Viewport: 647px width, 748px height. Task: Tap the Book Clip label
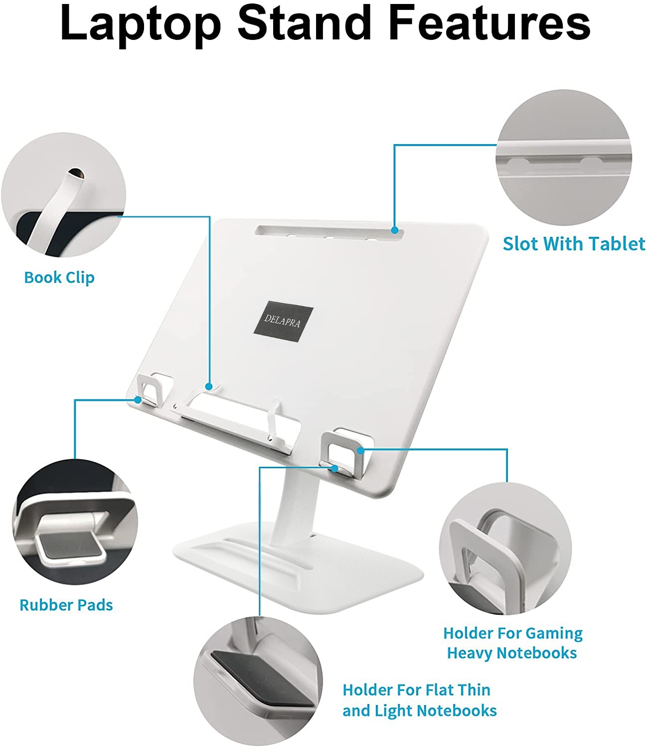click(59, 278)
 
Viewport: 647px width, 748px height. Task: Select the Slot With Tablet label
click(574, 243)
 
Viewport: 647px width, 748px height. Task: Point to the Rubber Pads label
click(66, 605)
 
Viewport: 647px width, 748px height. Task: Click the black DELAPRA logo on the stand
click(283, 321)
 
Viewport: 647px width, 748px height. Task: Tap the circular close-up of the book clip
click(64, 194)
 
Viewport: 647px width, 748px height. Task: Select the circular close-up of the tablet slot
click(564, 158)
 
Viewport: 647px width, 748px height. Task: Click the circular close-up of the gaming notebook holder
click(505, 549)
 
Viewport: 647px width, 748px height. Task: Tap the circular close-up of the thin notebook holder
click(258, 681)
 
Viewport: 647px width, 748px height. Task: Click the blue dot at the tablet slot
click(395, 230)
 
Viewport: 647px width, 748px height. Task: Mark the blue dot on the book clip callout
click(209, 386)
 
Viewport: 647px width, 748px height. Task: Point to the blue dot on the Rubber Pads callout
click(138, 400)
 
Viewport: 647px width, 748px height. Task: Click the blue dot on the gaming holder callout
click(360, 450)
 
